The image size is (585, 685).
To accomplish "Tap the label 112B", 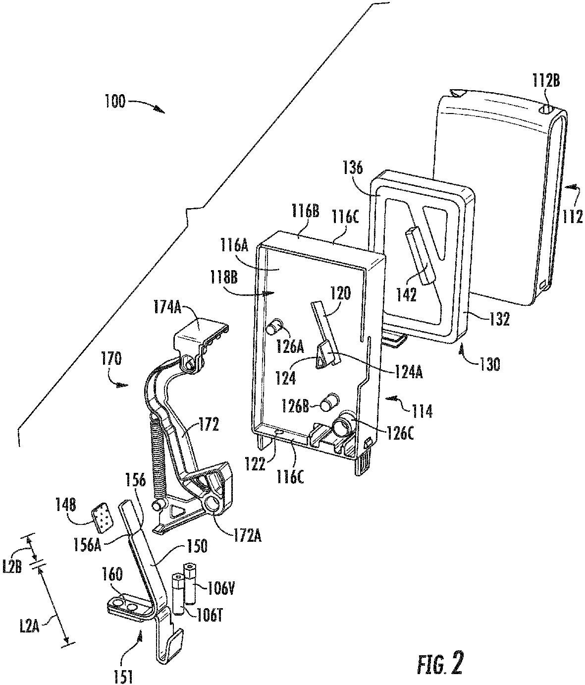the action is point(546,80).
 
